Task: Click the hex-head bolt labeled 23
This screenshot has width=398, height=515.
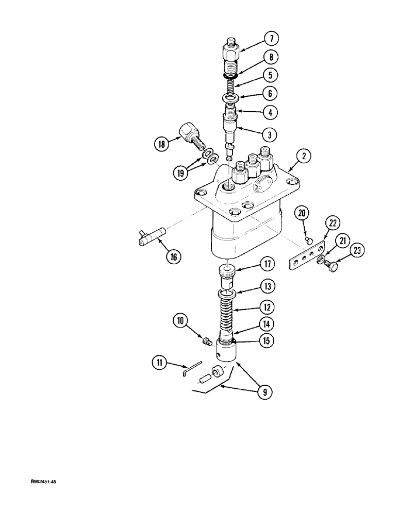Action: point(333,266)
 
